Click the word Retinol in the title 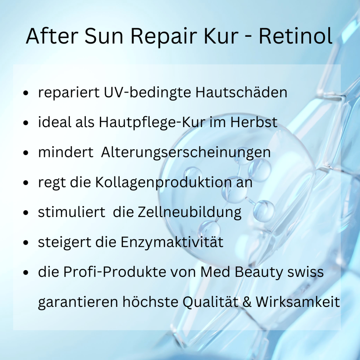pyautogui.click(x=295, y=36)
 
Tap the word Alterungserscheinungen pyautogui.click(x=186, y=153)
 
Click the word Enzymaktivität pyautogui.click(x=172, y=242)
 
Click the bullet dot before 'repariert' pyautogui.click(x=27, y=93)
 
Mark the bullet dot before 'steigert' pyautogui.click(x=27, y=243)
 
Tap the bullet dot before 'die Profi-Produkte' pyautogui.click(x=27, y=273)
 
